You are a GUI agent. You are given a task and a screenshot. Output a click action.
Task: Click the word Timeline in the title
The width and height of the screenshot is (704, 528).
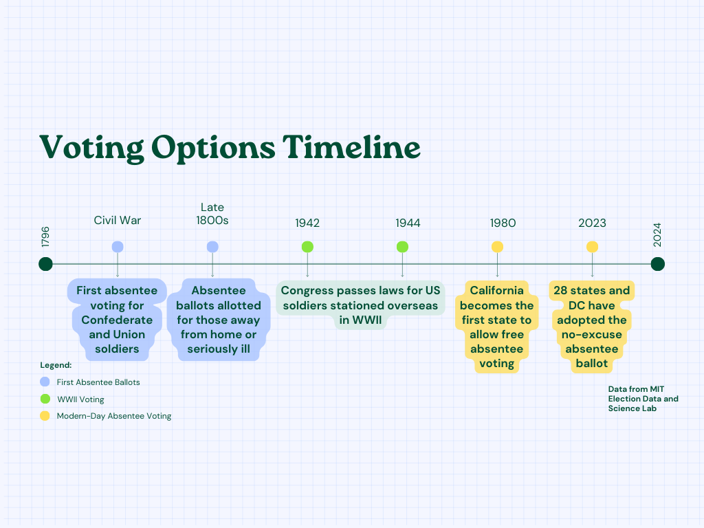(351, 147)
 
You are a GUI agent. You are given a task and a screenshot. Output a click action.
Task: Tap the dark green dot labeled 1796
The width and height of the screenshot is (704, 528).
(45, 264)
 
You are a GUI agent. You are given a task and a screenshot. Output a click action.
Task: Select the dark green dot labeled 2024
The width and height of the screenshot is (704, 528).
(658, 264)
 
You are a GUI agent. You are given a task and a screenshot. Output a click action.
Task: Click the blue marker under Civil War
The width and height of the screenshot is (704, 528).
(118, 247)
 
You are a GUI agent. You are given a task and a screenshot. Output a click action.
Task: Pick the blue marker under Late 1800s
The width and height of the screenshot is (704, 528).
(212, 247)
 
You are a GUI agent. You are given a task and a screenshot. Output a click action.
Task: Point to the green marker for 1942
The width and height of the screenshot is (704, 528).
(307, 247)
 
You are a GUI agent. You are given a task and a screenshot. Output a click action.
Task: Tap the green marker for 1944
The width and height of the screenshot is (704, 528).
(402, 247)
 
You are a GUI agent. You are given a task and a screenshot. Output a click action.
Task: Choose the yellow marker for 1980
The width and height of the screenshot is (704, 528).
(498, 247)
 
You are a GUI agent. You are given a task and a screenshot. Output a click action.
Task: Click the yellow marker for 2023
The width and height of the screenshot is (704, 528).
(592, 247)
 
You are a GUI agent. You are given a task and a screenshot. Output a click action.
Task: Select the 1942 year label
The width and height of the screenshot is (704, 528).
(307, 223)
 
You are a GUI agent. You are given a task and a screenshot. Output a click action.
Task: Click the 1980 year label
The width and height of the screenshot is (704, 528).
(503, 223)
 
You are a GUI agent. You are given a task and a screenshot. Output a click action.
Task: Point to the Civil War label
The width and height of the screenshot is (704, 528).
(118, 221)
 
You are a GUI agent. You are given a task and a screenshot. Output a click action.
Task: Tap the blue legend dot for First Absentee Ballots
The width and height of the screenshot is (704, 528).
(45, 382)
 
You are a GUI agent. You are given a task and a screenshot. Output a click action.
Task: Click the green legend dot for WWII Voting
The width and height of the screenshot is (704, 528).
(45, 399)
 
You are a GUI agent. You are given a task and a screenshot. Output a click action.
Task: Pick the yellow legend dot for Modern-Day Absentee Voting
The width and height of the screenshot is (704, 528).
(45, 416)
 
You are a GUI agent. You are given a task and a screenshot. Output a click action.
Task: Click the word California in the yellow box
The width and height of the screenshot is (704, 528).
(497, 291)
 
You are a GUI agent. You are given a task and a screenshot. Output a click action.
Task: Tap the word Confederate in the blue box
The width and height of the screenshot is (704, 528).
(117, 320)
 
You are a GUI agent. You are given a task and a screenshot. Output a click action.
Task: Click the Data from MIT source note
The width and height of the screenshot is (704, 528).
(643, 399)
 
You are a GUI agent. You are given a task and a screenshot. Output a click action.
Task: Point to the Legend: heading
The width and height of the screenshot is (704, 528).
(56, 366)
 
